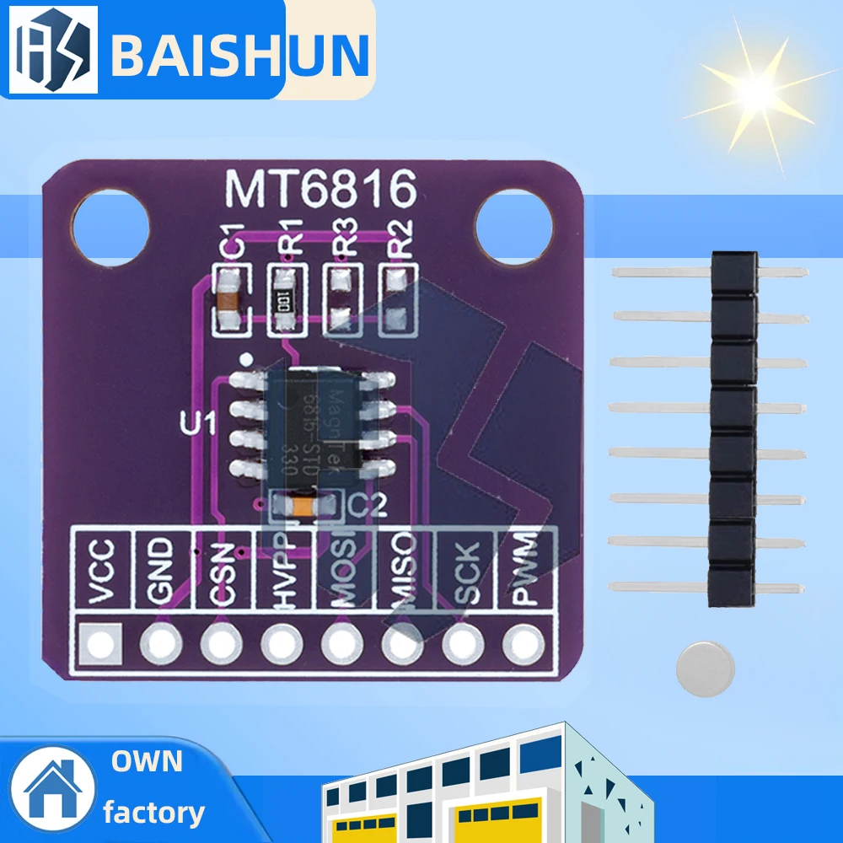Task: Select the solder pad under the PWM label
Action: pyautogui.click(x=522, y=646)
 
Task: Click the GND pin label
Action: pyautogui.click(x=159, y=573)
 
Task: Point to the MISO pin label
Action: pyautogui.click(x=402, y=573)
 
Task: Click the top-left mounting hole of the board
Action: pyautogui.click(x=110, y=223)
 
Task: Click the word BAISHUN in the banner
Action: pyautogui.click(x=240, y=53)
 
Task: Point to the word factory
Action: pyautogui.click(x=153, y=813)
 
